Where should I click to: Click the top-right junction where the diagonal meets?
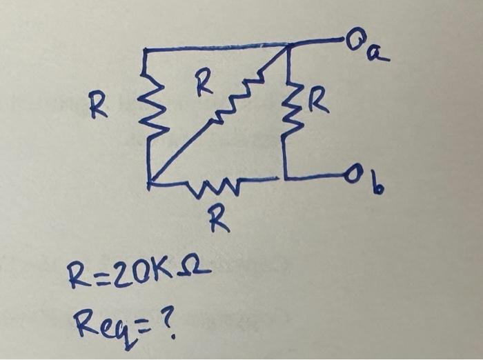point(289,46)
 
